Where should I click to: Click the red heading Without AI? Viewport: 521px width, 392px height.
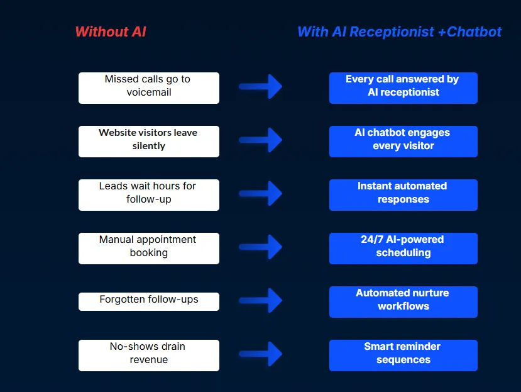point(110,31)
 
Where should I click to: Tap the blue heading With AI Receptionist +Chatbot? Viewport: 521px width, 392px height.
point(399,31)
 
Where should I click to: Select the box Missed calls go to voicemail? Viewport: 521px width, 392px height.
point(149,88)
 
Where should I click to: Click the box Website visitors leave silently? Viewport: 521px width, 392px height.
point(149,142)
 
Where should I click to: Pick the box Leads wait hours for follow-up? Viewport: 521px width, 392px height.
point(149,195)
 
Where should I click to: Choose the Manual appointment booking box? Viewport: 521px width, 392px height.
point(149,249)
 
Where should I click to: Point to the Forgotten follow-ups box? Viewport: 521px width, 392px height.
point(149,301)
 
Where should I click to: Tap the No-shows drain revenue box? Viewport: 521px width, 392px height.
point(149,356)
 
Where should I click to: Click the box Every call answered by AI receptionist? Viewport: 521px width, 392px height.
point(403,88)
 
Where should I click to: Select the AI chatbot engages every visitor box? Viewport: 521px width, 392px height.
point(403,142)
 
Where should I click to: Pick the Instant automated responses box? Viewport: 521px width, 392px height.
point(403,195)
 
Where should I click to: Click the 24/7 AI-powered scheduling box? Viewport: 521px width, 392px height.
point(403,249)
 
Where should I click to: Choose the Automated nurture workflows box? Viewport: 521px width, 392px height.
point(403,302)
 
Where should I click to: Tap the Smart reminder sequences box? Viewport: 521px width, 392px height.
point(403,356)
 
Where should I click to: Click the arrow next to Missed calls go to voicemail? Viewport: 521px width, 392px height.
point(261,87)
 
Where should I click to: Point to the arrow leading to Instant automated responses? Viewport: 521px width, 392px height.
point(261,194)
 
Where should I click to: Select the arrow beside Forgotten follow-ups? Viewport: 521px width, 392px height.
point(261,301)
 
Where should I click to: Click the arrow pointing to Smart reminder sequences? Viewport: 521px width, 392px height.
point(261,354)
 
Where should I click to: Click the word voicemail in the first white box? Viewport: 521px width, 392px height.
point(149,92)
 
